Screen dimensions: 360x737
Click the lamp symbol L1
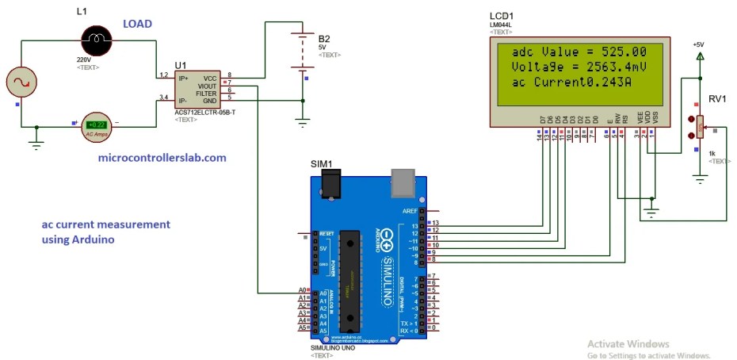[x=97, y=37]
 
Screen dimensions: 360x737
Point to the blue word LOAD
[x=138, y=25]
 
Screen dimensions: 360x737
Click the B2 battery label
[x=323, y=38]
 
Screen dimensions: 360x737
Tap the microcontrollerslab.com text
[x=162, y=158]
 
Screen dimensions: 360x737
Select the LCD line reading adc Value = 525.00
[x=580, y=51]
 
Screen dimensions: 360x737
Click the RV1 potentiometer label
[x=717, y=99]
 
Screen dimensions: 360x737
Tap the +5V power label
[x=698, y=45]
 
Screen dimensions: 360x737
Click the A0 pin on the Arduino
[x=303, y=291]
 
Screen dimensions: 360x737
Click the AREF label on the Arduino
[x=410, y=211]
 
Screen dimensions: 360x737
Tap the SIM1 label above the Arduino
[x=322, y=163]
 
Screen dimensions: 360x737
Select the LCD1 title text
[x=502, y=16]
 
